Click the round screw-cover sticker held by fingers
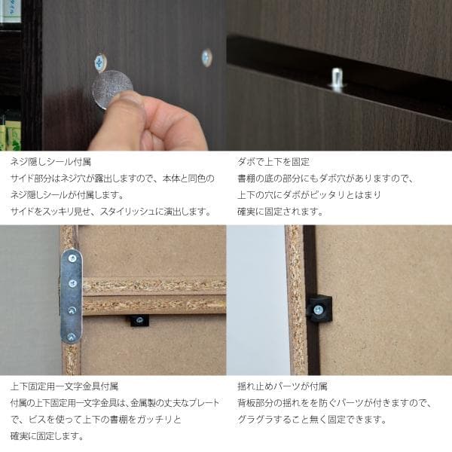pos(112,89)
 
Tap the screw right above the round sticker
pos(100,60)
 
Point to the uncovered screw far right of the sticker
pos(206,57)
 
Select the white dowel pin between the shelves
pos(337,78)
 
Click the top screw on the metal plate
pos(72,261)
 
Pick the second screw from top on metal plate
pos(72,283)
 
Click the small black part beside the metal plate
pos(139,320)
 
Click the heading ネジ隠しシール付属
pos(50,162)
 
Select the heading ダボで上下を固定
pos(273,162)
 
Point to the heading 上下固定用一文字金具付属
pos(64,386)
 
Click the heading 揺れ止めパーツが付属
pos(282,386)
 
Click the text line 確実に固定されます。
pos(279,212)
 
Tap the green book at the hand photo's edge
pos(11,136)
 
